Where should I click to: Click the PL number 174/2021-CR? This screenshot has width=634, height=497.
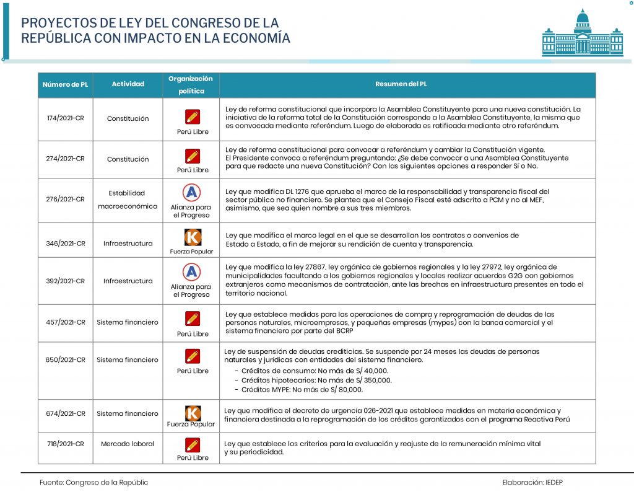click(66, 118)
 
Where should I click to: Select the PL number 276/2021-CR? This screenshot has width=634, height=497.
click(66, 199)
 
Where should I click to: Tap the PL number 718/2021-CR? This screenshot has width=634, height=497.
click(66, 443)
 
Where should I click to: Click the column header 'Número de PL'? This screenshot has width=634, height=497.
click(66, 84)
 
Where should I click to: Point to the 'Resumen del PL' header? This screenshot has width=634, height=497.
click(401, 84)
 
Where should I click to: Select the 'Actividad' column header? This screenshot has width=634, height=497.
click(128, 84)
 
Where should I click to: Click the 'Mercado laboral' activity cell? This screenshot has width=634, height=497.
click(128, 443)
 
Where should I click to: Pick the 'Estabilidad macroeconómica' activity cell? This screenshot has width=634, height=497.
click(128, 200)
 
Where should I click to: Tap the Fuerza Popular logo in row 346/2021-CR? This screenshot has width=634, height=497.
click(193, 237)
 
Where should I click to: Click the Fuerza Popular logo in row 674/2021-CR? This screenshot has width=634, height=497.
click(193, 413)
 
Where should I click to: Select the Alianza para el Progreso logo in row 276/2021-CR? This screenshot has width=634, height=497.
click(191, 193)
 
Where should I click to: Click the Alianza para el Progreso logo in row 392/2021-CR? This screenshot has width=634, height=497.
click(191, 271)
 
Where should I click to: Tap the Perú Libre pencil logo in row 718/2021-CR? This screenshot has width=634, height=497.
click(193, 444)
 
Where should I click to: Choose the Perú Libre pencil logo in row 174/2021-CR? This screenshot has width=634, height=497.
click(193, 117)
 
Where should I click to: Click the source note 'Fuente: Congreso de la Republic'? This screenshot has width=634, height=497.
click(94, 482)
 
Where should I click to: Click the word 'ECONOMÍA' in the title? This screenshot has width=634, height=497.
click(253, 38)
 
